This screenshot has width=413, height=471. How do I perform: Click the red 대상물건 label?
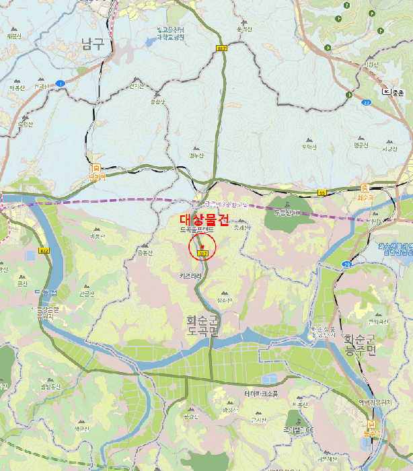(205, 219)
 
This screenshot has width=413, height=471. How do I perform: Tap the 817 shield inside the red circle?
(202, 253)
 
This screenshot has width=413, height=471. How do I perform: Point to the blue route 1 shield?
(60, 83)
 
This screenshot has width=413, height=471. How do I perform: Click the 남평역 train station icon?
(96, 168)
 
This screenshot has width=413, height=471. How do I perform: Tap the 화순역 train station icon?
(365, 188)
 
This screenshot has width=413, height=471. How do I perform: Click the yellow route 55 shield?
(322, 193)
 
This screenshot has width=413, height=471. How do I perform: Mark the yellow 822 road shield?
(44, 251)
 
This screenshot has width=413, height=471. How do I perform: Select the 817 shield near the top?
(221, 48)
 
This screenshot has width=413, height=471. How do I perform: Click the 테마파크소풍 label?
(262, 394)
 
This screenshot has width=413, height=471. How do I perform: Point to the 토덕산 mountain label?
(309, 146)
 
